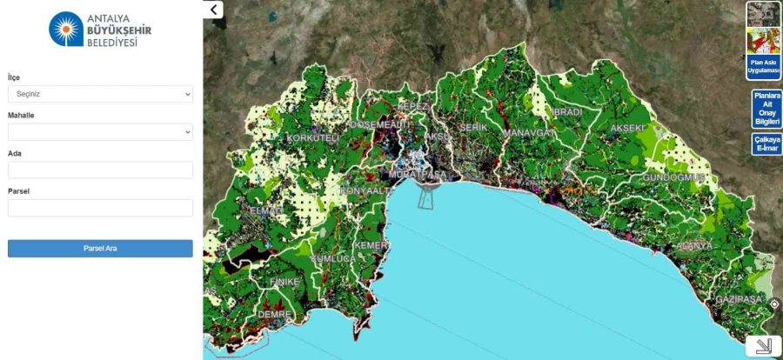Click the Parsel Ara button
point(100,249)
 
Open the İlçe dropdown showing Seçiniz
point(100,94)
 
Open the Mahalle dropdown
point(100,132)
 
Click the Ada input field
point(100,170)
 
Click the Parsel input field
point(100,208)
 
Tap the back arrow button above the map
point(214,10)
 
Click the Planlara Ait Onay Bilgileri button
point(766,109)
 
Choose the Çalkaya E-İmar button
point(766,144)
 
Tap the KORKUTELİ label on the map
point(311,138)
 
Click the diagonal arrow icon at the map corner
point(763,346)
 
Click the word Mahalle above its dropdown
point(21,115)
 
